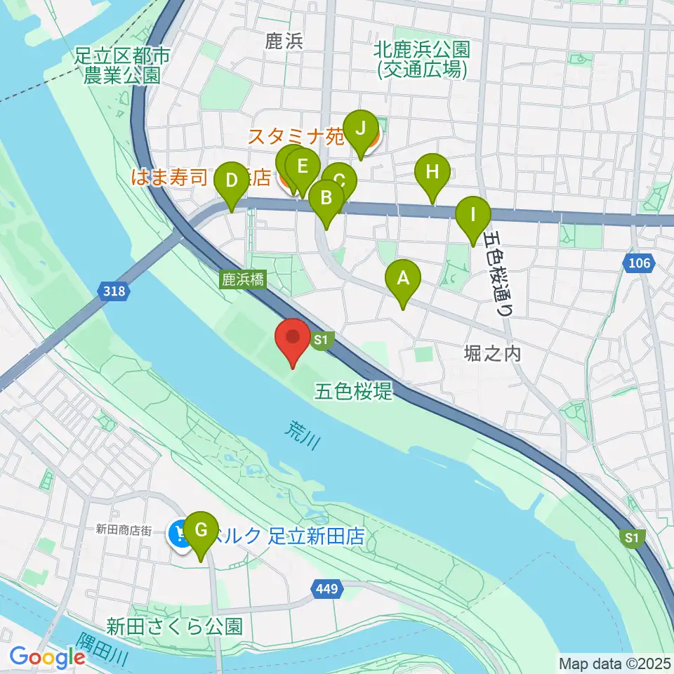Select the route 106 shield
click(640, 264)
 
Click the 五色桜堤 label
click(352, 391)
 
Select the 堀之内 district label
click(492, 353)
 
